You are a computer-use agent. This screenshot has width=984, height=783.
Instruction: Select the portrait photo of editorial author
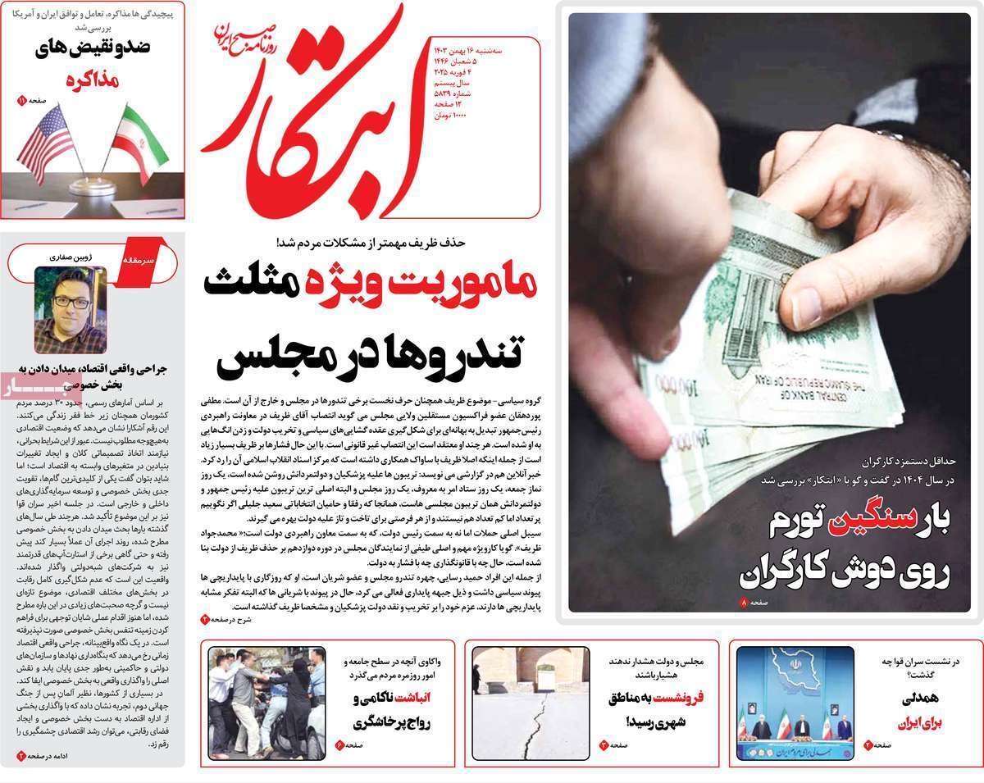point(70,310)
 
